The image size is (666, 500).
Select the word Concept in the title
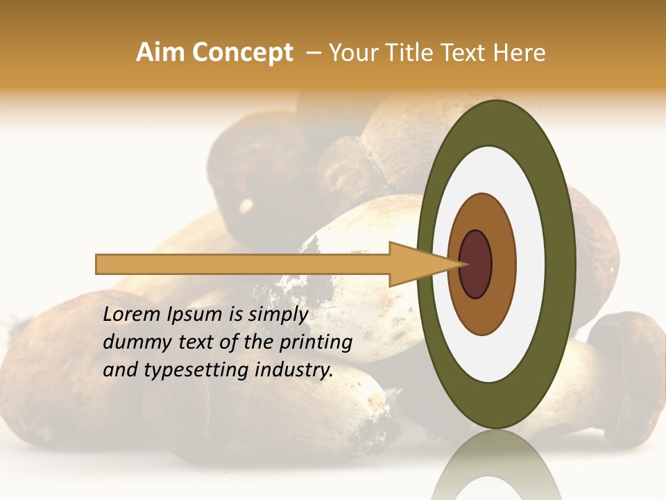click(242, 53)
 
